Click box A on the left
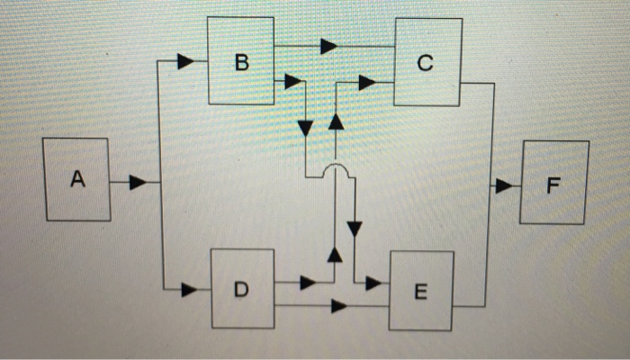pyautogui.click(x=78, y=180)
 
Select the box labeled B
pyautogui.click(x=240, y=61)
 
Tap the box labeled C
pyautogui.click(x=427, y=61)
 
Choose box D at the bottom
pyautogui.click(x=242, y=288)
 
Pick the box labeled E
pyautogui.click(x=421, y=291)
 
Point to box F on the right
pyautogui.click(x=553, y=184)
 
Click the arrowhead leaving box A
pyautogui.click(x=137, y=183)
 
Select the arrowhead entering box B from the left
pyautogui.click(x=185, y=61)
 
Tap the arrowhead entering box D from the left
pyautogui.click(x=189, y=290)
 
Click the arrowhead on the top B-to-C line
pyautogui.click(x=328, y=46)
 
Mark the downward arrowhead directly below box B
pyautogui.click(x=305, y=128)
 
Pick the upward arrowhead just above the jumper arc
pyautogui.click(x=335, y=121)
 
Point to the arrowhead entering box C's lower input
pyautogui.click(x=366, y=83)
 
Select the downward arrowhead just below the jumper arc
pyautogui.click(x=354, y=228)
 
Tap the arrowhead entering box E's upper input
pyautogui.click(x=373, y=283)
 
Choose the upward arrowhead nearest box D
pyautogui.click(x=335, y=255)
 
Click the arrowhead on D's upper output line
pyautogui.click(x=308, y=283)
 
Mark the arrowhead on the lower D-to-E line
pyautogui.click(x=338, y=306)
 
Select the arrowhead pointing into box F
pyautogui.click(x=502, y=186)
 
